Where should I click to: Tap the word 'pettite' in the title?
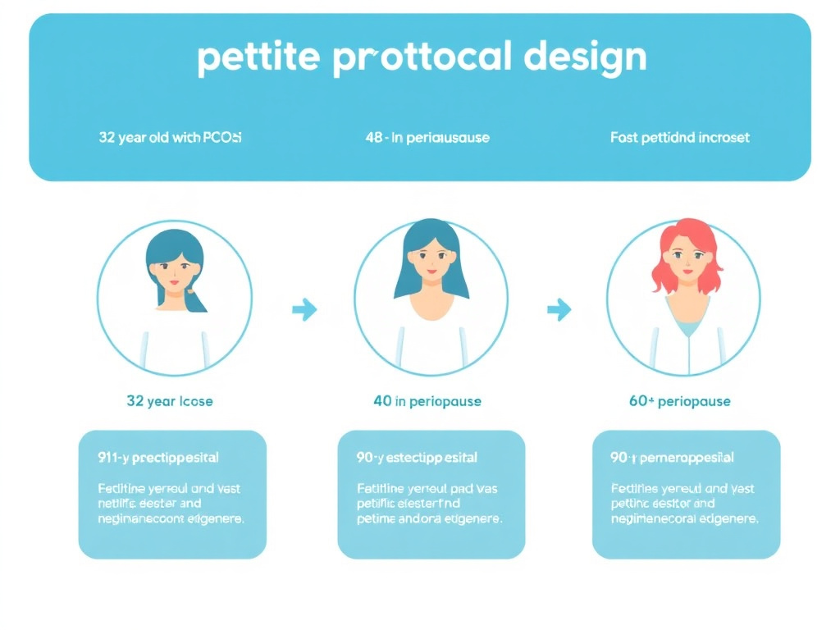[x=258, y=59]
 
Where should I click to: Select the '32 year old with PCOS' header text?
[x=170, y=138]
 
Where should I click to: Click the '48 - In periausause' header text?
[x=427, y=138]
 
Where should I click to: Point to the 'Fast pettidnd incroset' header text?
[x=680, y=138]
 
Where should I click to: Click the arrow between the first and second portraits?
[x=304, y=310]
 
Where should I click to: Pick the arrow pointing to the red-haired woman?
[x=559, y=310]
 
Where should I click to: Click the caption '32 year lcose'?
[x=170, y=401]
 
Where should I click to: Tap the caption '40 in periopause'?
[x=427, y=401]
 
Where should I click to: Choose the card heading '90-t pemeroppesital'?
[x=672, y=457]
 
